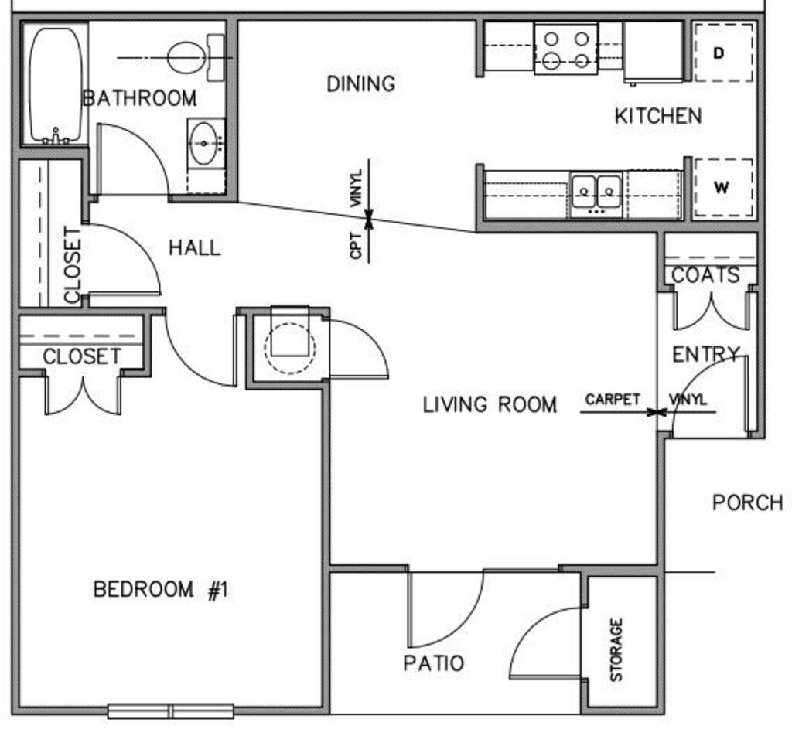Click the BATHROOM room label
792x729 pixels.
[x=139, y=99]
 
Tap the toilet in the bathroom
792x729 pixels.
[x=190, y=58]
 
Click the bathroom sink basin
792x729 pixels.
[x=204, y=143]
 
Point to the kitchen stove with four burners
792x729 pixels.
[x=565, y=49]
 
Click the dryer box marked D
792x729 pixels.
[x=722, y=53]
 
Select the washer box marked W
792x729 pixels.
[x=722, y=188]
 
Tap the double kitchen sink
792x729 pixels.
[x=596, y=191]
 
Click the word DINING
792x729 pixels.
[x=360, y=83]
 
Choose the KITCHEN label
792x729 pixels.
[x=658, y=117]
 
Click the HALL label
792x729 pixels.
[x=194, y=248]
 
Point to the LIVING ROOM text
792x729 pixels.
[x=490, y=404]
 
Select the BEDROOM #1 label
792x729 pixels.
[x=161, y=590]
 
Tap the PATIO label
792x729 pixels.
[x=433, y=663]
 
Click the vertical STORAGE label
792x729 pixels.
[x=616, y=649]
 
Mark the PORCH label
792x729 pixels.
[x=747, y=502]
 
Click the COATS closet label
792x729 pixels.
[x=705, y=275]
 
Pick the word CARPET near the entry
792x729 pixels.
[x=613, y=400]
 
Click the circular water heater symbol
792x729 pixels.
[x=289, y=346]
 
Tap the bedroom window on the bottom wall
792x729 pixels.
[x=170, y=711]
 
